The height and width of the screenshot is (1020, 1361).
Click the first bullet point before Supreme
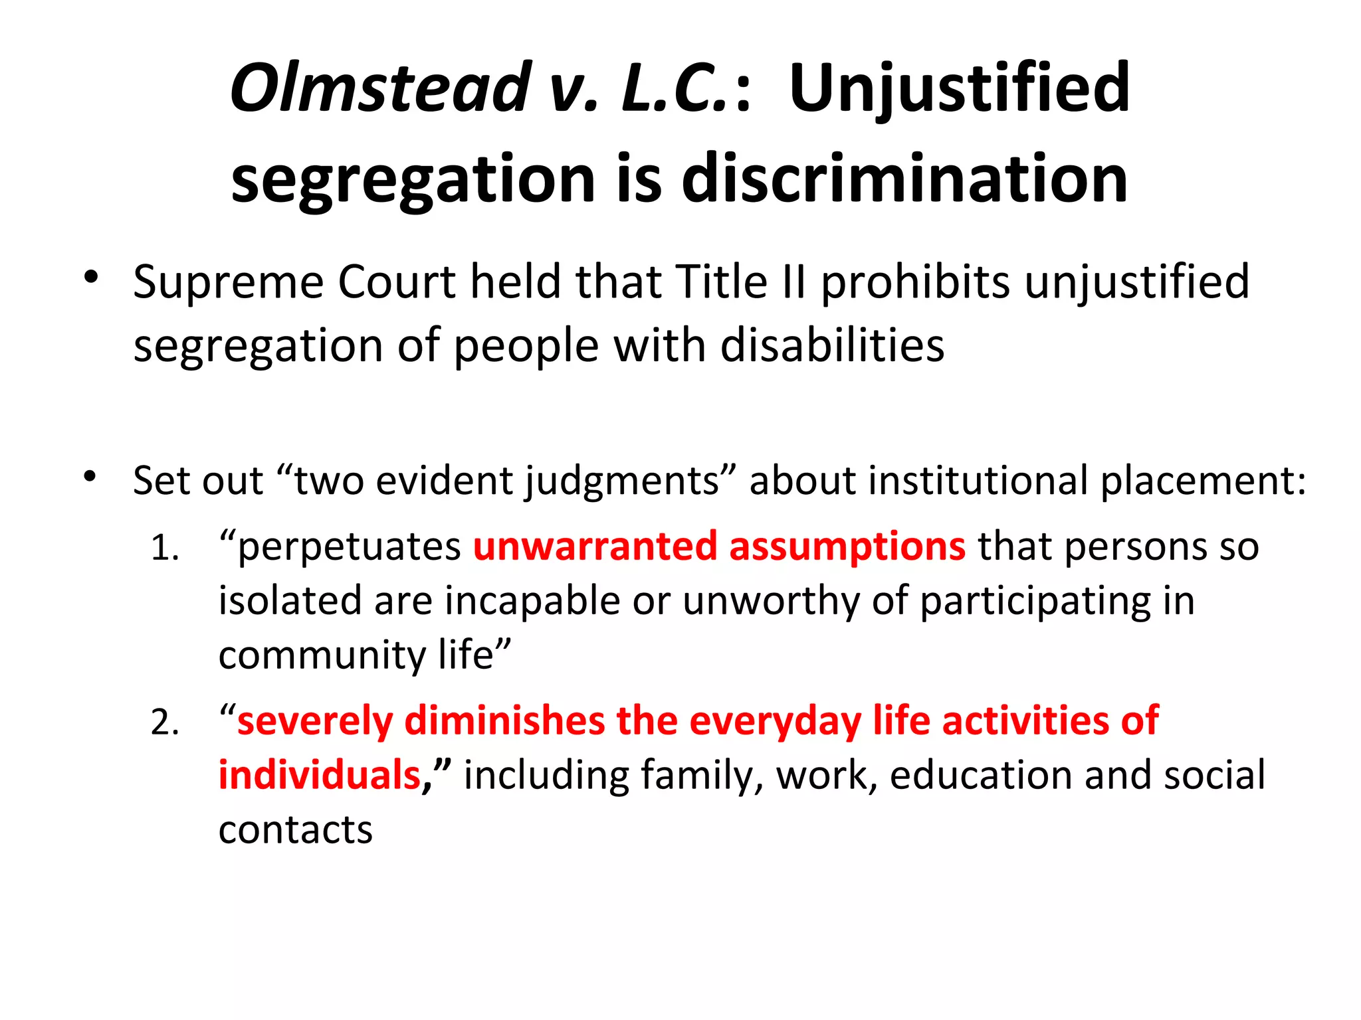click(91, 277)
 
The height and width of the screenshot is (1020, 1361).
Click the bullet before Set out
click(91, 475)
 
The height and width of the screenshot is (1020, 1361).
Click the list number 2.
click(164, 723)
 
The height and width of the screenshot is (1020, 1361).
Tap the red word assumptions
click(847, 548)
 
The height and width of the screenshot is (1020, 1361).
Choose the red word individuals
click(320, 776)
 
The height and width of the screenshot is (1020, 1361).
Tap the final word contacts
click(296, 830)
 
